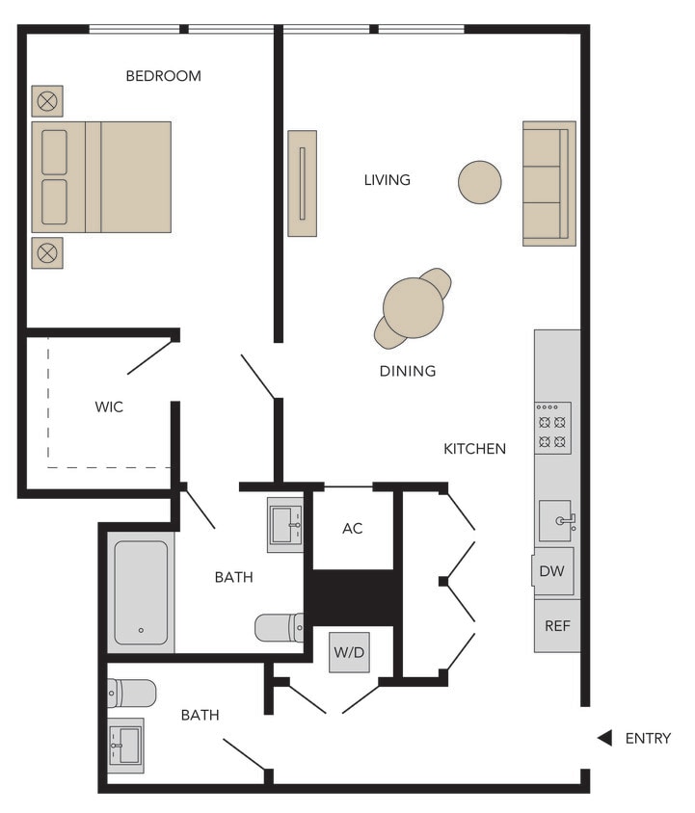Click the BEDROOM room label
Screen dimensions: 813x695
pos(163,76)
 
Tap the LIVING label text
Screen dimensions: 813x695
pos(387,180)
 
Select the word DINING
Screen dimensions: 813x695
pos(407,371)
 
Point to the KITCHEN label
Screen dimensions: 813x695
pos(474,449)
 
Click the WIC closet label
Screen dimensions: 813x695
pos(109,407)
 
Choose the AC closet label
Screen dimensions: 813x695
pos(353,529)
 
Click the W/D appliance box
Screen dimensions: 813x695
pos(349,652)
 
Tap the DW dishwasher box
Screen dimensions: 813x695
pos(552,572)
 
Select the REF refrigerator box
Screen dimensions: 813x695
pos(557,625)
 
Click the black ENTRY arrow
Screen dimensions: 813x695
pos(604,738)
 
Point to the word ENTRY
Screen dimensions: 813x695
pos(648,739)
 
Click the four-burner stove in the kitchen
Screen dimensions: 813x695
pos(553,429)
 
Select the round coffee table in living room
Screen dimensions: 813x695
pos(479,182)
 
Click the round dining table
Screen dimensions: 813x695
pos(414,307)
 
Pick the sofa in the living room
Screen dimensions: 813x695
pos(549,183)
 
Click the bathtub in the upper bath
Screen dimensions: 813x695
pos(141,592)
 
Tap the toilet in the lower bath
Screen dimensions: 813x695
pos(131,693)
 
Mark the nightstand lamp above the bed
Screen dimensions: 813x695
pos(47,100)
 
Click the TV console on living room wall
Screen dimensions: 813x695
pos(302,183)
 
